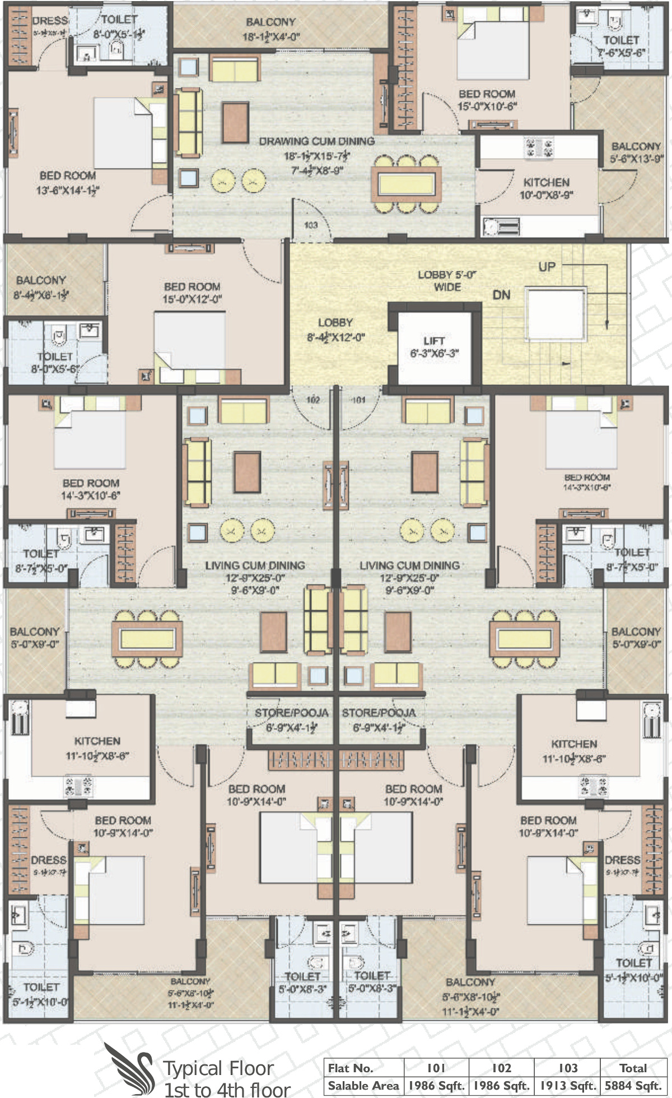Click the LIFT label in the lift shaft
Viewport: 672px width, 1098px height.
434,341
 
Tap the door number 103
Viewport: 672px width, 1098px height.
311,225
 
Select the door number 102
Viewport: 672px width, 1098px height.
313,400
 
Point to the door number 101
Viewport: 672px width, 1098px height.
358,400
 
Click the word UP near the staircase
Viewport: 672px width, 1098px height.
547,267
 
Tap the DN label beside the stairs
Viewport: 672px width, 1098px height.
501,294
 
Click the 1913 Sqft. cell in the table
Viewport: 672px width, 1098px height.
567,1086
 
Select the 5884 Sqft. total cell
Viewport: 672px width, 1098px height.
633,1086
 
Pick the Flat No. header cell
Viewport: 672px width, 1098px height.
350,1068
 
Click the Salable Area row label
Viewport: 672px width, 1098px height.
363,1086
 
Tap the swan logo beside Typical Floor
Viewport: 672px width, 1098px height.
129,1068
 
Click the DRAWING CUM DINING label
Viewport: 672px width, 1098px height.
316,141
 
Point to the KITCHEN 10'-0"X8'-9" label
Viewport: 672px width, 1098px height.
546,188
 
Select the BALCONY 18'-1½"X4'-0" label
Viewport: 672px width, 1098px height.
270,29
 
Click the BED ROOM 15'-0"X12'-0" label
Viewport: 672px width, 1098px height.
192,293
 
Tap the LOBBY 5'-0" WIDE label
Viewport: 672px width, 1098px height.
447,280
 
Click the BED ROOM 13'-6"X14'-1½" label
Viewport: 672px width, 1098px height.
67,183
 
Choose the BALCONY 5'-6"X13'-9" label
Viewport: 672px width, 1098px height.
636,152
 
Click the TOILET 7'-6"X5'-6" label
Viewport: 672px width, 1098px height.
621,46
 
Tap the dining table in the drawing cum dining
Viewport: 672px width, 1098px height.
406,184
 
